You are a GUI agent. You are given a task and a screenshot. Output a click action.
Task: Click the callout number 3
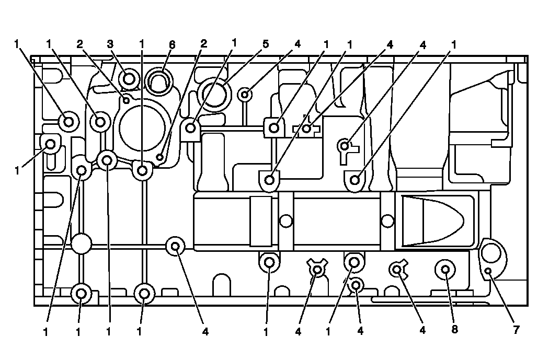pos(110,44)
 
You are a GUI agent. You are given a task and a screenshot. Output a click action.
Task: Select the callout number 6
pos(171,44)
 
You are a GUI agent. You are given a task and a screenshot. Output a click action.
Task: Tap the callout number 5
pos(266,44)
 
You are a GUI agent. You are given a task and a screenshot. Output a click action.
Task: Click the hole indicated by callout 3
pos(128,79)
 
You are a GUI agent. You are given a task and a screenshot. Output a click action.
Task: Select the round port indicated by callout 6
pos(158,81)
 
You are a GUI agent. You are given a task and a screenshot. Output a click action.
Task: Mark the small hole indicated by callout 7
pos(488,271)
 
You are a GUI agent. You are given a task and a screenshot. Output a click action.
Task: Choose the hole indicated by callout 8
pos(445,270)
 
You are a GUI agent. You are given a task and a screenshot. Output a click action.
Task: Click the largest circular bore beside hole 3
pos(142,127)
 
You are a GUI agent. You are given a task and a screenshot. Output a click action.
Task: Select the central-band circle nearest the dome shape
pos(387,221)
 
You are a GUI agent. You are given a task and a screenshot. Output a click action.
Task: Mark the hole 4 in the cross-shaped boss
pos(307,128)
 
